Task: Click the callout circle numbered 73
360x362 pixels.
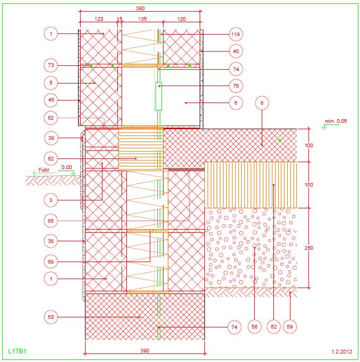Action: [50, 65]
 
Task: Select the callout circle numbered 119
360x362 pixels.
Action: [236, 35]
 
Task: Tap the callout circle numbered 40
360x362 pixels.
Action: [236, 52]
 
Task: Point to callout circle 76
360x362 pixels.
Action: [236, 86]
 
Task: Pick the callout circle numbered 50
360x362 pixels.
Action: [50, 317]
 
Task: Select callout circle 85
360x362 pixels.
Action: [50, 220]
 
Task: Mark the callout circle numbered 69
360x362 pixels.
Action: [50, 262]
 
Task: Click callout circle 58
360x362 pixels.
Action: [255, 326]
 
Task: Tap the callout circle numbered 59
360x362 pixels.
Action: [289, 326]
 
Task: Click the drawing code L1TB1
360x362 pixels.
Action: [17, 351]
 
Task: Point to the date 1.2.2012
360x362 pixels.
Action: [341, 352]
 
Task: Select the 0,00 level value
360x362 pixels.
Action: [67, 167]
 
